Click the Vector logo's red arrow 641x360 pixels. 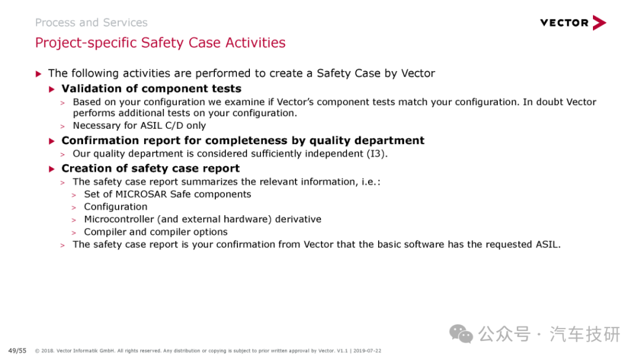(x=599, y=23)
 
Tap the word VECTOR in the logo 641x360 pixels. (x=564, y=23)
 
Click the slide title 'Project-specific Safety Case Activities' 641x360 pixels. (x=160, y=43)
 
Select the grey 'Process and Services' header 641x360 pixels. (x=91, y=23)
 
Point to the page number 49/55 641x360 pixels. (x=17, y=351)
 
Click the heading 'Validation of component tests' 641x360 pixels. (x=151, y=89)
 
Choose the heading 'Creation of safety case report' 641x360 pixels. (x=150, y=168)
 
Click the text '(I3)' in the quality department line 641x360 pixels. (x=376, y=154)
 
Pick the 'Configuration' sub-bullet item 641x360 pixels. (x=116, y=207)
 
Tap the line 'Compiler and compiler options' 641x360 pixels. (x=156, y=232)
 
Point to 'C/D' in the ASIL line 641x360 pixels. (x=174, y=126)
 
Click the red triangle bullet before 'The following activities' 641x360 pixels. (x=39, y=74)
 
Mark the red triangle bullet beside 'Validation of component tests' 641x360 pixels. (x=52, y=89)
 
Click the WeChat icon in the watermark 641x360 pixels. (x=461, y=334)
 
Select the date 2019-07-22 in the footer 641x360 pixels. (x=367, y=351)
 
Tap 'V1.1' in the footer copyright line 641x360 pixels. (x=342, y=351)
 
